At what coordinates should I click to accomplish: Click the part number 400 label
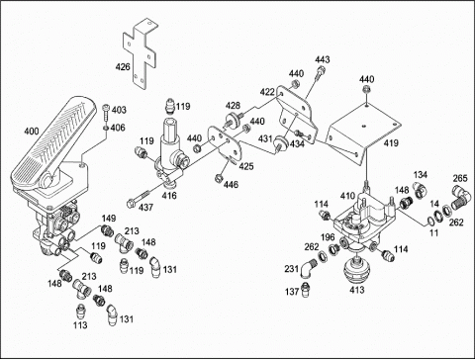(x=32, y=132)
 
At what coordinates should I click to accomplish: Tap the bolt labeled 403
(x=106, y=112)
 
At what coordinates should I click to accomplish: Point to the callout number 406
(x=118, y=128)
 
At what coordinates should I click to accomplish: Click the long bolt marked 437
(x=140, y=198)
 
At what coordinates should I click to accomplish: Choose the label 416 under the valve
(x=169, y=196)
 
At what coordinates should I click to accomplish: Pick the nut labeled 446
(x=218, y=178)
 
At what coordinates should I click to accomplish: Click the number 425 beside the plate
(x=246, y=166)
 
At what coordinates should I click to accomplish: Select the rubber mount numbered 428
(x=234, y=120)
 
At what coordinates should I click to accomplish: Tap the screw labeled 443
(x=320, y=73)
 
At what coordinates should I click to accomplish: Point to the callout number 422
(x=267, y=92)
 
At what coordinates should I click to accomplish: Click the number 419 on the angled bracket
(x=391, y=143)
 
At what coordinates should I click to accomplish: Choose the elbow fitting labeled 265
(x=461, y=197)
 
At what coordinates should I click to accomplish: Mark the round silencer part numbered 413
(x=356, y=270)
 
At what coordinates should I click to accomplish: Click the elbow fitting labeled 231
(x=308, y=268)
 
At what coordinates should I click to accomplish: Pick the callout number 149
(x=109, y=219)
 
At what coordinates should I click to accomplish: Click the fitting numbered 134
(x=419, y=190)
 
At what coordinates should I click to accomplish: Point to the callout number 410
(x=347, y=196)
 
